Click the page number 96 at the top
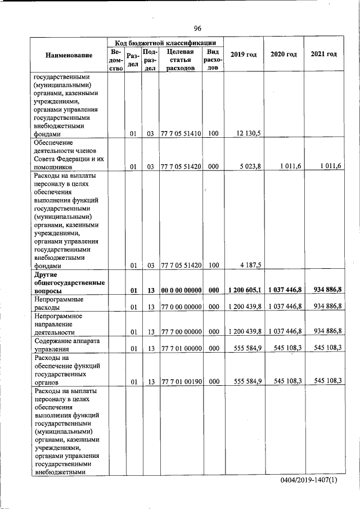(x=197, y=29)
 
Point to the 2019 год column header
(x=244, y=55)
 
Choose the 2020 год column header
(x=283, y=55)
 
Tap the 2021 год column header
(x=323, y=55)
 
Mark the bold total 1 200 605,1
(x=245, y=290)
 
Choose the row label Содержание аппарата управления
(x=65, y=344)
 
